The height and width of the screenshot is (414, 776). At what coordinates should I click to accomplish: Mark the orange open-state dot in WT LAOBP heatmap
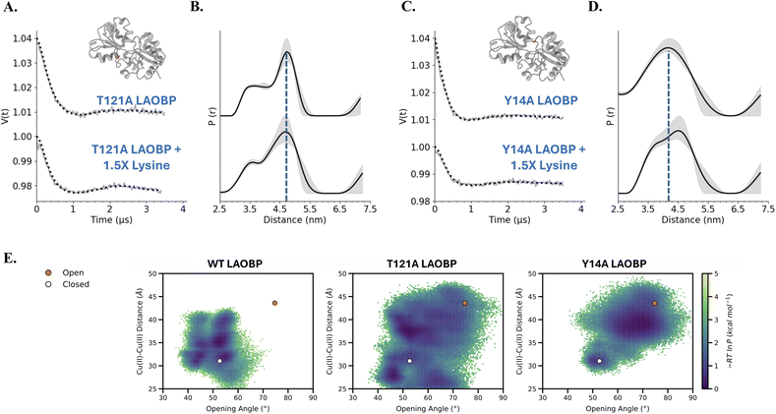[275, 303]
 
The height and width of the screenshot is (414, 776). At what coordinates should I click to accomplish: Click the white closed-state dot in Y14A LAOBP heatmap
[599, 361]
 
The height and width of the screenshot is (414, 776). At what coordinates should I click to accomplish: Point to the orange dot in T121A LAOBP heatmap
[465, 303]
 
